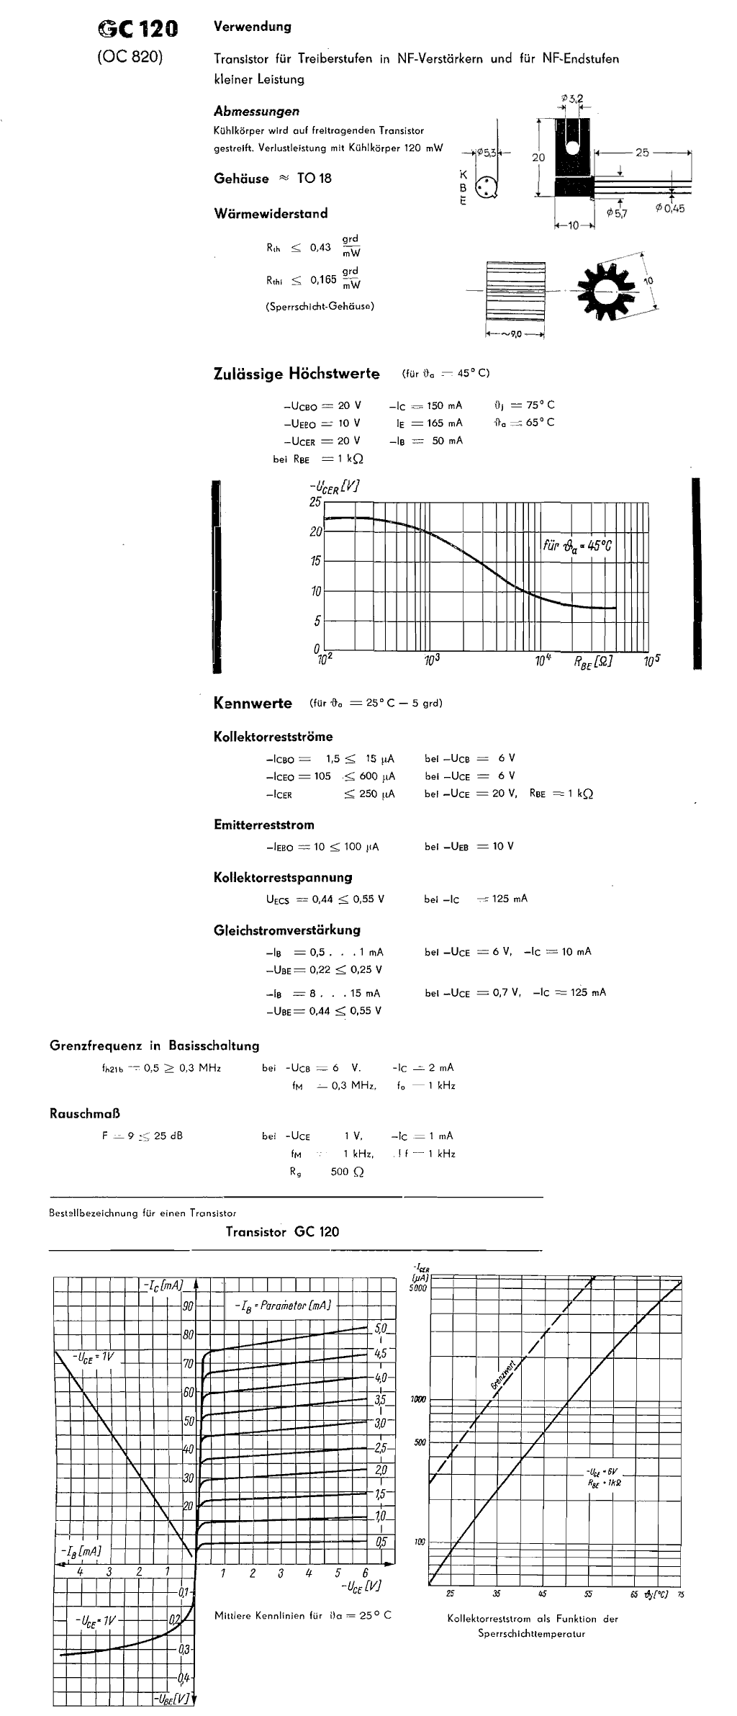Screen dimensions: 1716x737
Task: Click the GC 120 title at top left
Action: [x=137, y=30]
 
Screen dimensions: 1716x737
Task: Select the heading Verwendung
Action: [x=253, y=27]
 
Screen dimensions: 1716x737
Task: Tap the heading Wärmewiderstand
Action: [x=271, y=213]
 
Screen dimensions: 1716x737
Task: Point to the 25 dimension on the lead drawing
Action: [x=642, y=153]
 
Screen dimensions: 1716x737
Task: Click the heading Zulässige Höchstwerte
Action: [x=297, y=374]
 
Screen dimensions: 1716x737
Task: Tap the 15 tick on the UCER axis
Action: [x=315, y=562]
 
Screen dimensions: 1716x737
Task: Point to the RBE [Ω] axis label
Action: [x=593, y=660]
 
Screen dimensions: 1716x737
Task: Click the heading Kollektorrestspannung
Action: [x=283, y=877]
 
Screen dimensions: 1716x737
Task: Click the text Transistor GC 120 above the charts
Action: [x=282, y=1231]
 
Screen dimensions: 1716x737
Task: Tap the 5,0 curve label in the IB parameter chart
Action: [x=381, y=1327]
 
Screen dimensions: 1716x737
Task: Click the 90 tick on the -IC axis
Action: [x=188, y=1306]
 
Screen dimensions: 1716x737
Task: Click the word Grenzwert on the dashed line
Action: [x=505, y=1375]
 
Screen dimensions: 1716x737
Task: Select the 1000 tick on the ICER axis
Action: [x=418, y=1399]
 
